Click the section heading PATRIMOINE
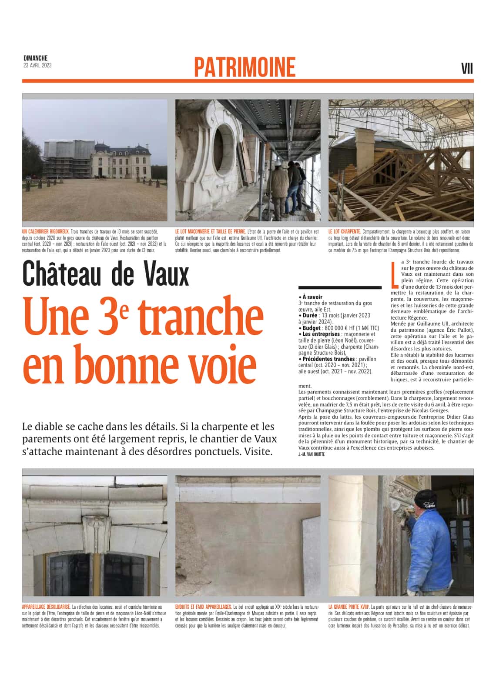point(245,67)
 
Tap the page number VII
point(466,69)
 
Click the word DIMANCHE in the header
point(35,58)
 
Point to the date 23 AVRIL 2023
point(37,65)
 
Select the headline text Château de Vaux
point(106,273)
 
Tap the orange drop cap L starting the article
point(395,275)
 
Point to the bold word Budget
point(312,328)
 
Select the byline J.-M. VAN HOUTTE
point(312,454)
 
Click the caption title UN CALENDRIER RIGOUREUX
point(45,232)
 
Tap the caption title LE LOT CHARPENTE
point(344,232)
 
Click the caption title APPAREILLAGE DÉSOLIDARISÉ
point(46,607)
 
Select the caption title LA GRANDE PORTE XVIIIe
point(349,607)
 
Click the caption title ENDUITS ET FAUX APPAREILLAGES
point(203,607)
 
